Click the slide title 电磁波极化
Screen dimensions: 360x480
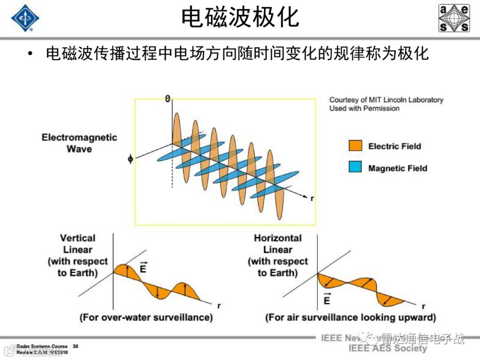240,18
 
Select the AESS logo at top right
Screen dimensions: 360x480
454,18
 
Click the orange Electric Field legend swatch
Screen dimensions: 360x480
356,146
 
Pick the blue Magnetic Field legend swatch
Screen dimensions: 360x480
356,168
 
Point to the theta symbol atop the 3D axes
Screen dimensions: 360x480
168,98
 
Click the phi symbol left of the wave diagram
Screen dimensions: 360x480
130,158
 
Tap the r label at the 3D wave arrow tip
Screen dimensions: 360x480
312,198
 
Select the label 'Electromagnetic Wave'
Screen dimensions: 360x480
79,143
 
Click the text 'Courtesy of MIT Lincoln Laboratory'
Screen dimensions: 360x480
386,100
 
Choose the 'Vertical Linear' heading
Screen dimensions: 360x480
78,244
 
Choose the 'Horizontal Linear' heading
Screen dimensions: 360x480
278,244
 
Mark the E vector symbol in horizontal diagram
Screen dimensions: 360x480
327,299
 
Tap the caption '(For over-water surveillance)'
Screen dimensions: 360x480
146,317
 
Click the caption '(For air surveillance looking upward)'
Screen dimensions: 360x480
350,317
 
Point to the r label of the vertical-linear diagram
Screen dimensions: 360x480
219,306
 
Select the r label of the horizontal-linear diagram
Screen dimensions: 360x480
423,306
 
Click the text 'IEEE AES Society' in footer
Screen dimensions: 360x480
387,348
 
